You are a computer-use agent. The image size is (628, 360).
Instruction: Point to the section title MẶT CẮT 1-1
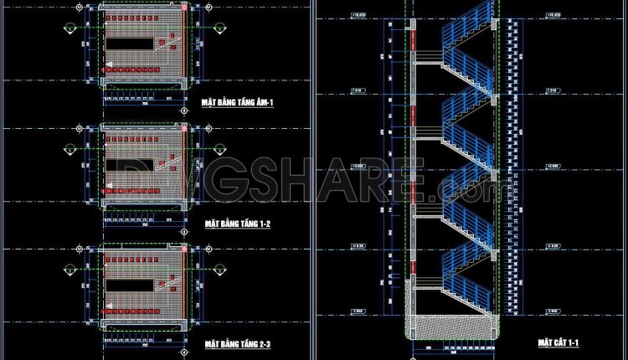pyautogui.click(x=558, y=342)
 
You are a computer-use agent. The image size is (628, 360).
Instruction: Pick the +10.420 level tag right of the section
pyautogui.click(x=552, y=15)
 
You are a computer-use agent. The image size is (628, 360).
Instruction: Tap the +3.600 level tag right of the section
pyautogui.click(x=552, y=167)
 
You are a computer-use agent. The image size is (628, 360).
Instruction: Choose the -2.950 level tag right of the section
pyautogui.click(x=552, y=311)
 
